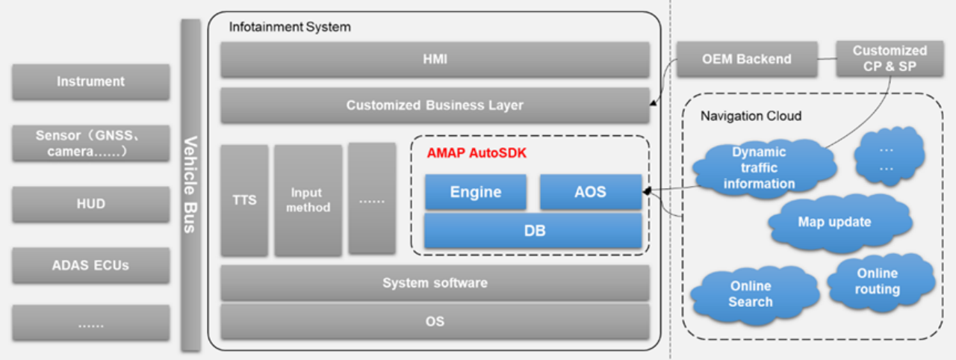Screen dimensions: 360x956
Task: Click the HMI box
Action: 435,60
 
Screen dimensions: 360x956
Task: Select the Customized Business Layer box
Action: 435,105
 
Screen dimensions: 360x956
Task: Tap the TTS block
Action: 244,200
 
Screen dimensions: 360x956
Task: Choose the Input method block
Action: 308,200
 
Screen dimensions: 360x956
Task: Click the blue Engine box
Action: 476,192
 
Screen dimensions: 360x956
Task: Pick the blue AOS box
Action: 590,192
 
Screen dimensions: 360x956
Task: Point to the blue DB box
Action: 533,231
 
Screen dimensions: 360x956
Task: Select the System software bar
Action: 435,283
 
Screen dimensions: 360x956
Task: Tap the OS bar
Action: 435,321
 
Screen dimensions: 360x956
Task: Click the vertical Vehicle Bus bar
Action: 191,184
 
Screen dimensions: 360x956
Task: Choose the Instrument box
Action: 91,81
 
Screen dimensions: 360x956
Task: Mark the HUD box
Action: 91,204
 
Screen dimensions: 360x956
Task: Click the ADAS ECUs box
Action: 91,265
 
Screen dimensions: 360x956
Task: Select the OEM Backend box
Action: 746,59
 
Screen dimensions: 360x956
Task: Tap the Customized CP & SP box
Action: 890,59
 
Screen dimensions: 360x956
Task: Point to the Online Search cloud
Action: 751,294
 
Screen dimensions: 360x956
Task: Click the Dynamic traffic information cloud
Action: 759,168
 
